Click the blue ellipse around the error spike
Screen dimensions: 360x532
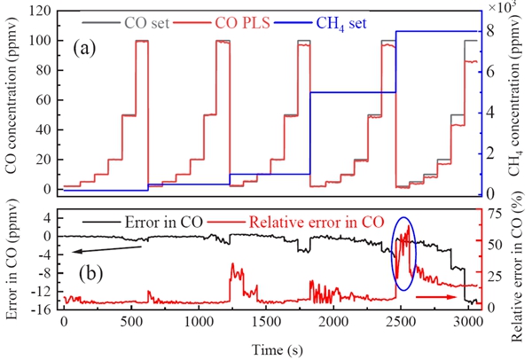403,253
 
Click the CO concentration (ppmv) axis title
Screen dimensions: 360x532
12,104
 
